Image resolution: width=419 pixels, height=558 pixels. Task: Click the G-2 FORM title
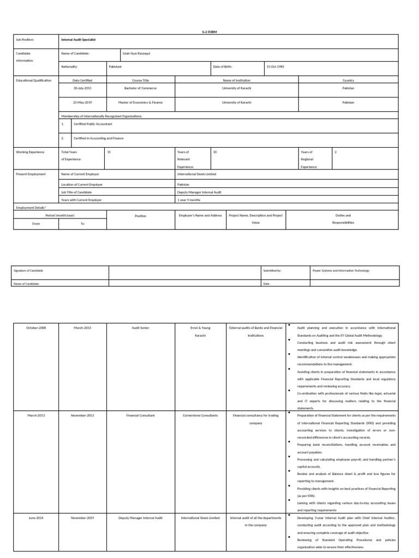pyautogui.click(x=210, y=32)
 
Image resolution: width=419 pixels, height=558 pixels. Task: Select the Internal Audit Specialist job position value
pyautogui.click(x=79, y=40)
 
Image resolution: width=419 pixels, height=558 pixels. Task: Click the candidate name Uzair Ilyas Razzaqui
pyautogui.click(x=136, y=53)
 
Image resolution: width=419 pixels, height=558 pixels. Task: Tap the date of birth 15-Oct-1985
pyautogui.click(x=275, y=66)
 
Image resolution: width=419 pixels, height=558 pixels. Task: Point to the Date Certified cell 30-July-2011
pyautogui.click(x=83, y=88)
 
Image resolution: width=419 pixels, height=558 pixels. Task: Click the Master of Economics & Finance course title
pyautogui.click(x=140, y=102)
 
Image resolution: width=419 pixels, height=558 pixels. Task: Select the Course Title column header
pyautogui.click(x=140, y=80)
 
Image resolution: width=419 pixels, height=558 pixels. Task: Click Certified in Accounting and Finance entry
pyautogui.click(x=98, y=138)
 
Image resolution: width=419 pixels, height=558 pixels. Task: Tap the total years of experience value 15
pyautogui.click(x=109, y=152)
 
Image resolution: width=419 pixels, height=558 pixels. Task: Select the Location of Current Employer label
pyautogui.click(x=82, y=185)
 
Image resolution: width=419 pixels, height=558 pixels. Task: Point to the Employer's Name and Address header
pyautogui.click(x=200, y=216)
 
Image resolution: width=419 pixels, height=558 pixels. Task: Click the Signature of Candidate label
pyautogui.click(x=28, y=270)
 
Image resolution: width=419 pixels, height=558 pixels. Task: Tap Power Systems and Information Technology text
pyautogui.click(x=340, y=270)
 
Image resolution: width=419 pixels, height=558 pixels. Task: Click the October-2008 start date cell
pyautogui.click(x=36, y=327)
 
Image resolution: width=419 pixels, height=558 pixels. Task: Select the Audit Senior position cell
pyautogui.click(x=140, y=327)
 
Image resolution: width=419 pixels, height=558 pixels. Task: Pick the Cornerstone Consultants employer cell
pyautogui.click(x=200, y=415)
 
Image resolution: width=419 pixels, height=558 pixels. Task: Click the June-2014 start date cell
pyautogui.click(x=36, y=518)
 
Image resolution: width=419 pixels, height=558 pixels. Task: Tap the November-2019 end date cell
pyautogui.click(x=83, y=518)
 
